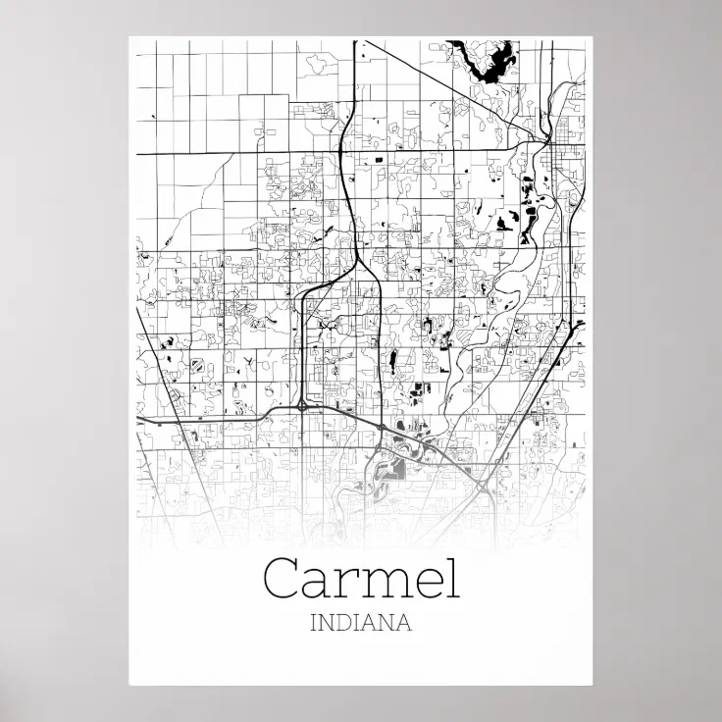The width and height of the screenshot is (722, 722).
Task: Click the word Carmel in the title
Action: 361,578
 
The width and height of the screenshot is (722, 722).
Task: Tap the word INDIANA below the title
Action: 360,622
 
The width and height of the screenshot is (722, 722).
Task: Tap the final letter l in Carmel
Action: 451,576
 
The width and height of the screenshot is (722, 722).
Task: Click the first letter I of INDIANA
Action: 314,622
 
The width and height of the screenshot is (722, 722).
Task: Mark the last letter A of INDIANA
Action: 402,622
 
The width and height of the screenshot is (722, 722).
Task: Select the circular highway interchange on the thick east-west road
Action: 302,404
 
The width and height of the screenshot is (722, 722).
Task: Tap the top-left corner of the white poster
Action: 129,38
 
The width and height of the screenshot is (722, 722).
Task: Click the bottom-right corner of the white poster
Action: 593,684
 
